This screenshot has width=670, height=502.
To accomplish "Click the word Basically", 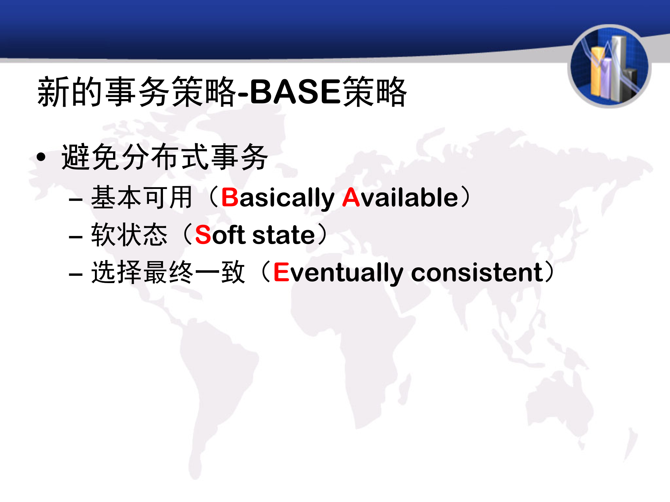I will pyautogui.click(x=278, y=198).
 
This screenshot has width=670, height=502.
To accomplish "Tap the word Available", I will pyautogui.click(x=400, y=198).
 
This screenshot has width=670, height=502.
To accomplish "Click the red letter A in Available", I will pyautogui.click(x=351, y=198).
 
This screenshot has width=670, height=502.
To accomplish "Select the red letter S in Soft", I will pyautogui.click(x=203, y=235).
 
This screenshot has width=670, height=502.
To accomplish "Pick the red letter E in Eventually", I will pyautogui.click(x=281, y=272).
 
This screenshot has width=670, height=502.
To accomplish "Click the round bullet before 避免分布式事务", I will pyautogui.click(x=41, y=157).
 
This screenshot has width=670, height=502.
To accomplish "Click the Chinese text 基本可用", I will pyautogui.click(x=142, y=198).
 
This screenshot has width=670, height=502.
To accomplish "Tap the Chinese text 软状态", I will pyautogui.click(x=129, y=235).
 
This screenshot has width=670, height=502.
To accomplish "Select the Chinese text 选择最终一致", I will pyautogui.click(x=168, y=272).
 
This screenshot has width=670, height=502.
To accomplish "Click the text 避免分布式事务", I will pyautogui.click(x=164, y=157).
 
